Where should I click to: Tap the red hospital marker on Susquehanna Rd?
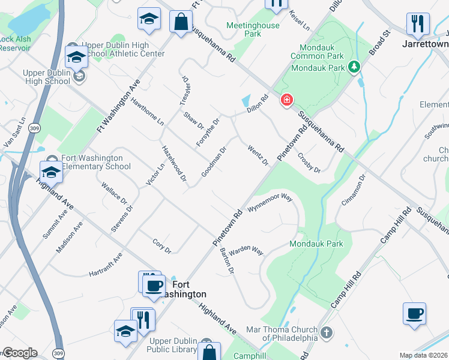point(286,100)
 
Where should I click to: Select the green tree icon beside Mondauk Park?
point(355,67)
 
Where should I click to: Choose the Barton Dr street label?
point(226,260)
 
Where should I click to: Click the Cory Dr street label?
point(161,246)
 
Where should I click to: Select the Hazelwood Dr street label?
point(174,163)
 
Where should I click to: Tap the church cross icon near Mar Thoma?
point(326,332)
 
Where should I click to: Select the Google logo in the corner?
point(19,353)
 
